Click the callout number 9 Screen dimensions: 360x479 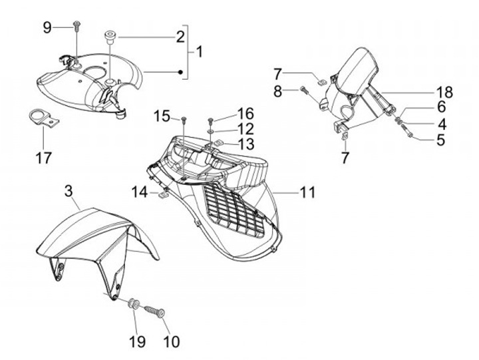coord(47,27)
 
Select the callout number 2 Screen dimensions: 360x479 coord(180,37)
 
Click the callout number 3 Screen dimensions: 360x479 coord(68,192)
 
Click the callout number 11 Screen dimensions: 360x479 coord(307,192)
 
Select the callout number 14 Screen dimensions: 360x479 coord(138,192)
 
